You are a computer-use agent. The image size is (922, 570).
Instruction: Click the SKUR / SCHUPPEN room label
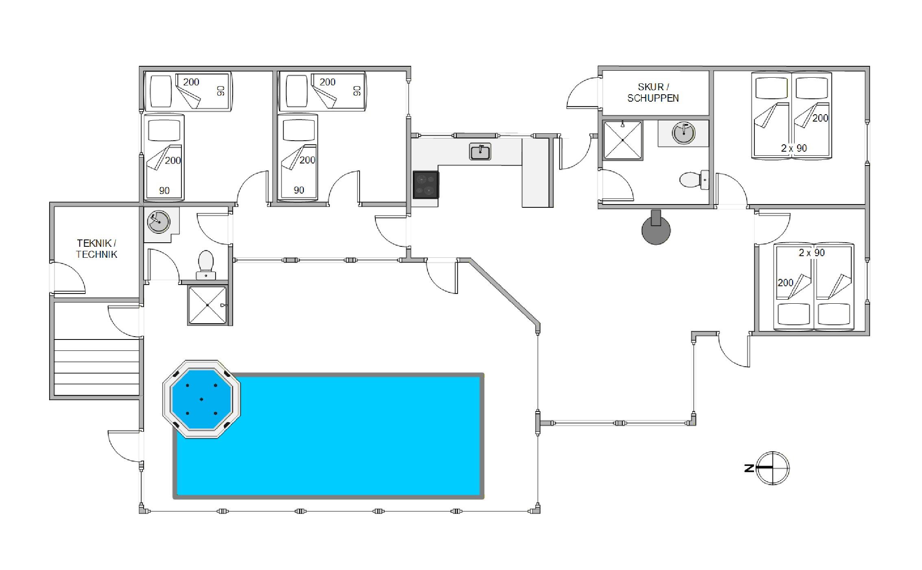click(x=653, y=92)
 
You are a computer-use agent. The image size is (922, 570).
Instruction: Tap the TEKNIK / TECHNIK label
click(x=97, y=249)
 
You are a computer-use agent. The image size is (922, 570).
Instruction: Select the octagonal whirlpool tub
click(x=201, y=399)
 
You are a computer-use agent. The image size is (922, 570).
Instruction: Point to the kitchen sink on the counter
click(x=480, y=152)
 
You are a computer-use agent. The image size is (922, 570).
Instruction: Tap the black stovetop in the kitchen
click(x=425, y=185)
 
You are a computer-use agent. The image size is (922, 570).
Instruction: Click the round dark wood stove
click(x=656, y=228)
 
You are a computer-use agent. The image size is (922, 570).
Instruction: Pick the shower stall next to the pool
click(x=207, y=305)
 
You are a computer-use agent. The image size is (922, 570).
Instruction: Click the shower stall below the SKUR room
click(x=622, y=140)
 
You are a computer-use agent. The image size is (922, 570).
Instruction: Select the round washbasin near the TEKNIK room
click(x=159, y=222)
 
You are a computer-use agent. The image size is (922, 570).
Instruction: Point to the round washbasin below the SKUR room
click(x=684, y=133)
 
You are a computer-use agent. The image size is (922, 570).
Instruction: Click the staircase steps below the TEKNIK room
click(x=96, y=367)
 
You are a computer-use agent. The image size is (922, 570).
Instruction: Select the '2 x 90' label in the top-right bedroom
click(x=794, y=148)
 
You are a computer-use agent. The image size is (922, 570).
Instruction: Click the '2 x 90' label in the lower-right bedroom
click(x=812, y=253)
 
